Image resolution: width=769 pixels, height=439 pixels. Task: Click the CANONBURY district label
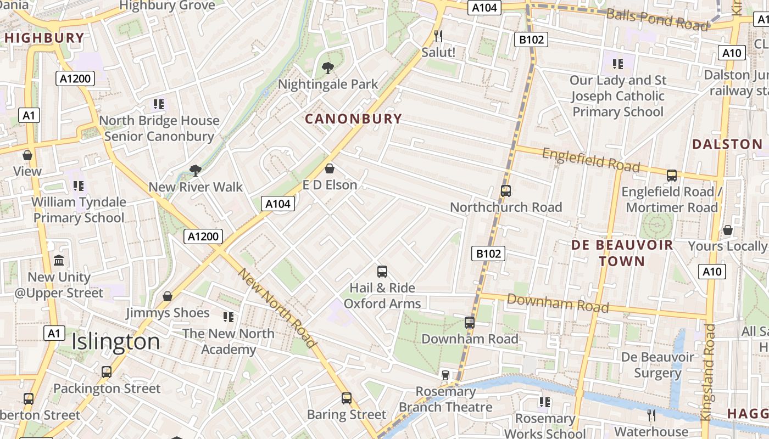[x=353, y=119]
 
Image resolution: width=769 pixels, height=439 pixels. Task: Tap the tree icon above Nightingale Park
[x=328, y=69]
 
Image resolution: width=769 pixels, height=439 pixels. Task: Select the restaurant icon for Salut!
[x=438, y=36]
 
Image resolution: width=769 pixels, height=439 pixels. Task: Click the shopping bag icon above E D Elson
[x=330, y=168]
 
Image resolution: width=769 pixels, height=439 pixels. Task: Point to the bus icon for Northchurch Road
[x=506, y=191]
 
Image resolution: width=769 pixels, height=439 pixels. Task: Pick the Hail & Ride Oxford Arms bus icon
[x=382, y=271]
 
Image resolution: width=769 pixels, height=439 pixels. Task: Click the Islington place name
[x=116, y=341]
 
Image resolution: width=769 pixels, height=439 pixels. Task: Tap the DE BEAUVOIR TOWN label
[x=622, y=253]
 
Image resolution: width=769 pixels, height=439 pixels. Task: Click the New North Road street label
[x=277, y=308]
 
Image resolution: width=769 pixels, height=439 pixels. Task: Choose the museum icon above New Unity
[x=59, y=260]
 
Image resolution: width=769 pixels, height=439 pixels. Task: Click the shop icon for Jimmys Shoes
[x=168, y=296]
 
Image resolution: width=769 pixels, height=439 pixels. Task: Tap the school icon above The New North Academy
[x=229, y=317]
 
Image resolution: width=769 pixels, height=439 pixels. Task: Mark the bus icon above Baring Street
[x=347, y=398]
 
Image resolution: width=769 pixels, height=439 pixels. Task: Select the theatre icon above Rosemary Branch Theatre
[x=445, y=375]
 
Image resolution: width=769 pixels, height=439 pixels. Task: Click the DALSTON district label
[x=727, y=144]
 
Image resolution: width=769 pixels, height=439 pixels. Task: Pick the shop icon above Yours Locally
[x=728, y=230]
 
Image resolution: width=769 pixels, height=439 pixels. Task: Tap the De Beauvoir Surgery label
[x=657, y=365]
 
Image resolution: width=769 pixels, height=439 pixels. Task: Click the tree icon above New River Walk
[x=195, y=171]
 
